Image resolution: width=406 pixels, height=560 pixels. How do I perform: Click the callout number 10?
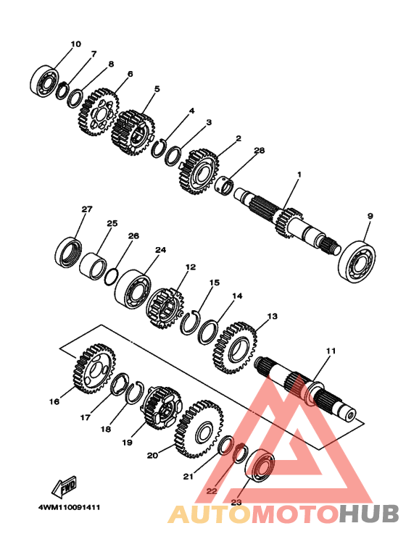point(76,44)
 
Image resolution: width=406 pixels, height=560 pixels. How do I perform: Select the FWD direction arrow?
point(65,487)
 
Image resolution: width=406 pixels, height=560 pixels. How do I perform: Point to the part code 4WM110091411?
point(70,508)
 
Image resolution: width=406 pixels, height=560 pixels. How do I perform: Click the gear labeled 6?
point(98,112)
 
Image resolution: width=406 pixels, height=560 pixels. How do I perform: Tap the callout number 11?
point(331,351)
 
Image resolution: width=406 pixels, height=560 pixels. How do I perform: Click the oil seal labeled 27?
point(69,252)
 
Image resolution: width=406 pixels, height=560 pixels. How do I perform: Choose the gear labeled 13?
point(235,348)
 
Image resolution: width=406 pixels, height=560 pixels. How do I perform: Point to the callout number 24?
point(160,250)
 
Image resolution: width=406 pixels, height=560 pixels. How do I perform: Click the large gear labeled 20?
point(199,430)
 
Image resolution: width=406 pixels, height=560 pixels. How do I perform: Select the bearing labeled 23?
point(260,465)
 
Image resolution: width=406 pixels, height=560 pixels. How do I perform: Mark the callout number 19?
point(127,442)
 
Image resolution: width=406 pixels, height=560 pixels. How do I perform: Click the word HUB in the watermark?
point(368,514)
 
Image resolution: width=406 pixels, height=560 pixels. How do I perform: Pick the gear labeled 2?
point(198,172)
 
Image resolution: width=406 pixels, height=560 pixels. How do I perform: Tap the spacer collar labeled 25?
point(93,267)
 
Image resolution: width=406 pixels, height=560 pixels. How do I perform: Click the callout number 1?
point(299,175)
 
